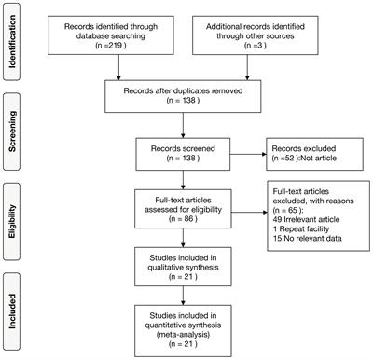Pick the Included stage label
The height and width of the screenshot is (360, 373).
click(x=14, y=310)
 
